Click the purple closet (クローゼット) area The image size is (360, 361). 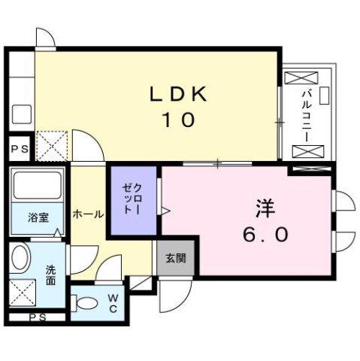133,200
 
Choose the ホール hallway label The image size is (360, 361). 88,214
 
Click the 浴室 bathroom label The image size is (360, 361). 39,218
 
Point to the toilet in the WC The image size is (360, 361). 87,305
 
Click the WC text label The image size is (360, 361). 112,304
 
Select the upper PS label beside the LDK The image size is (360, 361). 19,149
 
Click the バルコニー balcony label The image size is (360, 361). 307,115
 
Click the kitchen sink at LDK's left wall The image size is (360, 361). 21,114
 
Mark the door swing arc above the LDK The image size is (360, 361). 46,38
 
